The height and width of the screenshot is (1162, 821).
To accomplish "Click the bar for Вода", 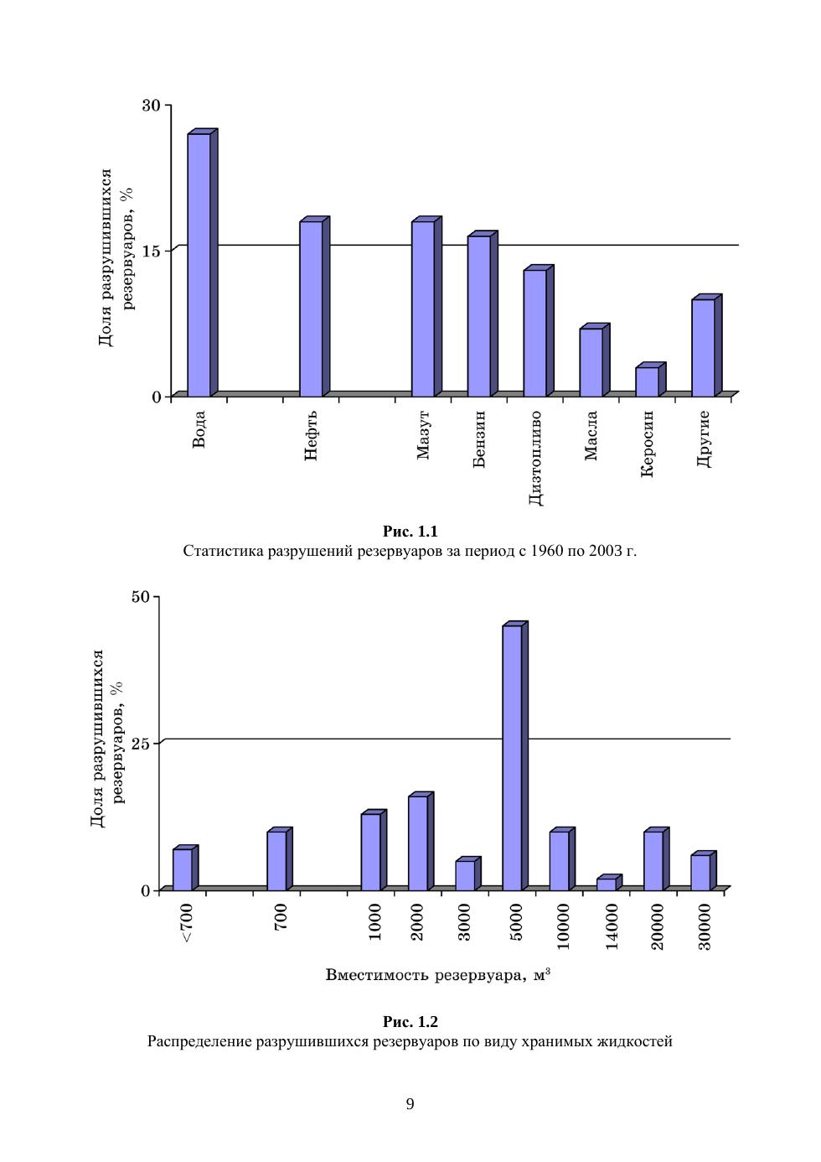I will tap(199, 264).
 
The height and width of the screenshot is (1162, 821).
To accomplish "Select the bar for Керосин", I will tap(647, 381).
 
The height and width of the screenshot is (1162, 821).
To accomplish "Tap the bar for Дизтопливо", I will tap(534, 333).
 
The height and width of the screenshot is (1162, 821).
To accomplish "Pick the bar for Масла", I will tap(591, 362).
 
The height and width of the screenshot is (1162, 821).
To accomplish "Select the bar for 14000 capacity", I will tap(607, 884).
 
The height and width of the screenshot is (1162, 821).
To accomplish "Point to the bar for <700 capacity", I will tap(182, 869).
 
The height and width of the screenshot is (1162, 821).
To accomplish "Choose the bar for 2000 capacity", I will tap(418, 843).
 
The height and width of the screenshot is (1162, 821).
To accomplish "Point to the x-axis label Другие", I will tap(704, 438).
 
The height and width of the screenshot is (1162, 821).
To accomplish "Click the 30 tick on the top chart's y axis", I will tap(151, 106).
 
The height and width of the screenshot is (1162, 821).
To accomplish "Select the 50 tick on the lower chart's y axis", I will tap(140, 597).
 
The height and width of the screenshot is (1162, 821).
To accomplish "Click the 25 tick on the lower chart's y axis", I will tap(140, 744).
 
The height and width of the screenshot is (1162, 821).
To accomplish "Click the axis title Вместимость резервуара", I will tap(426, 975).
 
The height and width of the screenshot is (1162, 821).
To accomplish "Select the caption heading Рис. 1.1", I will tap(410, 532).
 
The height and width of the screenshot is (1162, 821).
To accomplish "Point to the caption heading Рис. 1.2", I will tap(410, 1022).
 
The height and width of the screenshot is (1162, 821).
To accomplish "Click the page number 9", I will tap(410, 1104).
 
